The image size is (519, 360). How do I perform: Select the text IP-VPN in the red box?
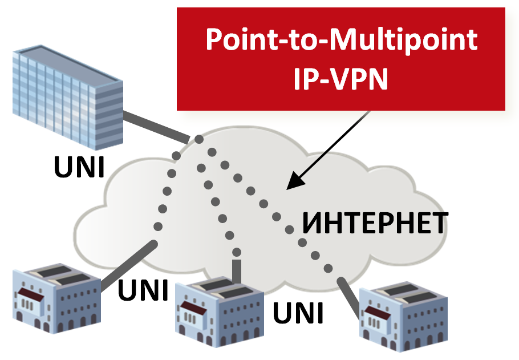pos(340,79)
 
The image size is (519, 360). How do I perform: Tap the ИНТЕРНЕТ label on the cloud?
pos(374,223)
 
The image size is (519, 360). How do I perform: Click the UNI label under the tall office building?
pos(79,167)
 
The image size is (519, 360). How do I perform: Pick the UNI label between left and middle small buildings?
pos(143,290)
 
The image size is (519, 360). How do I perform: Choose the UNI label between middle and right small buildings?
pos(298,313)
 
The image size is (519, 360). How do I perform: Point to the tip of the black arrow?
pos(288,188)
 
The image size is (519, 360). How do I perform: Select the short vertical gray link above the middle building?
pos(237,270)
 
